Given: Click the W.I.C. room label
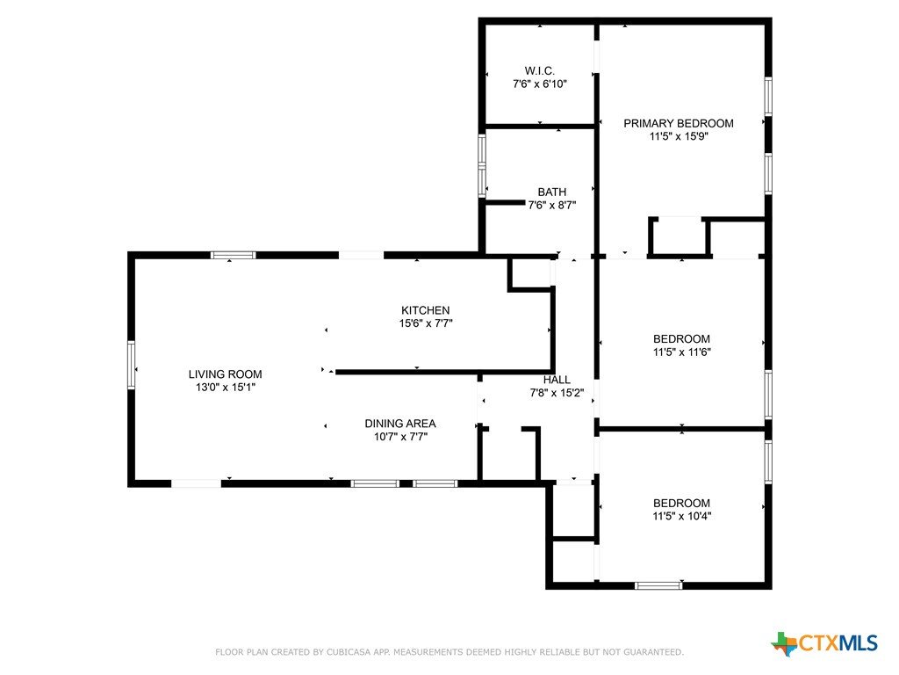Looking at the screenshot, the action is (x=540, y=70).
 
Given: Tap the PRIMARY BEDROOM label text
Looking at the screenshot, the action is (x=679, y=123).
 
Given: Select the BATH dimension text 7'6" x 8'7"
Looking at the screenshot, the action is (x=551, y=205).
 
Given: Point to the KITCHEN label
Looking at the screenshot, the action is (x=426, y=310).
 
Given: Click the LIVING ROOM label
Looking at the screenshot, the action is (x=225, y=374).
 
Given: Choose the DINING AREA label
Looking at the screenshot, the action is (x=400, y=424).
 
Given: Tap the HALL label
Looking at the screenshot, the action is (x=557, y=380).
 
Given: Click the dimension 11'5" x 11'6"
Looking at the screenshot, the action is (x=681, y=352).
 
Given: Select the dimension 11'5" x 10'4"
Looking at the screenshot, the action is (x=681, y=516).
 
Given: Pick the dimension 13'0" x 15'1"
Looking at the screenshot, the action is (x=225, y=388).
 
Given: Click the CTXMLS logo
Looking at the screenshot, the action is (x=825, y=643).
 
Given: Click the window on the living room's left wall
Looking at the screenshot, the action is (x=132, y=365).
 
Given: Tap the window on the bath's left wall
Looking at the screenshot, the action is (x=482, y=166).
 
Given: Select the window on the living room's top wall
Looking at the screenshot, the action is (x=233, y=256).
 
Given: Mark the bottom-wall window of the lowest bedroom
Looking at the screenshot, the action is (x=658, y=585).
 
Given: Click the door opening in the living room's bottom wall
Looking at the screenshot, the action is (x=196, y=483).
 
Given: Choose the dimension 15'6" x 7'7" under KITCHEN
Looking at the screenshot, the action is (x=426, y=323).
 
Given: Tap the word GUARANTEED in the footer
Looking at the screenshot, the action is (x=652, y=652).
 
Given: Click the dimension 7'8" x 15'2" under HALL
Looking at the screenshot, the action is (x=557, y=393).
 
